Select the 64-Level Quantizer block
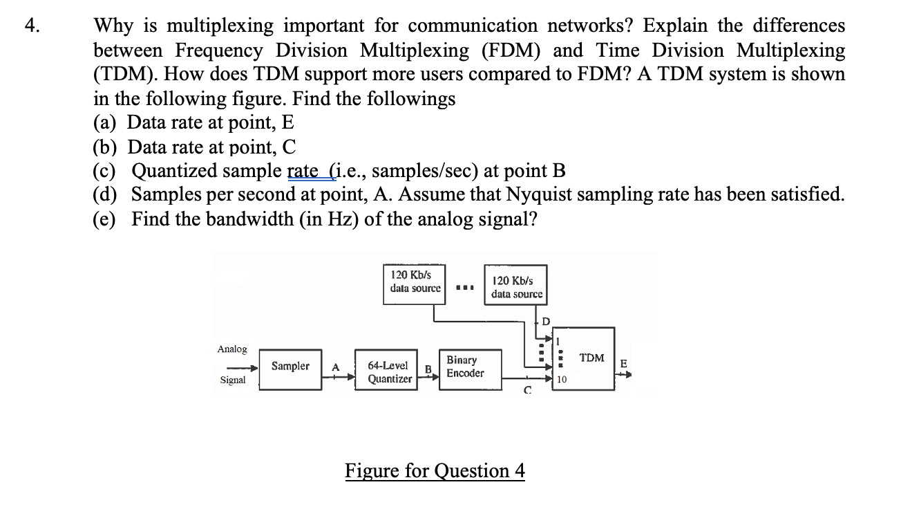388,371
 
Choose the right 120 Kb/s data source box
516,287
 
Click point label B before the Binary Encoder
427,369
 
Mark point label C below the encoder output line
527,391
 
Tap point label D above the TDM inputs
545,321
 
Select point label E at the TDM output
623,363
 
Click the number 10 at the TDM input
561,380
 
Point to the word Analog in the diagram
232,349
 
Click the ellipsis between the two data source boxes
464,287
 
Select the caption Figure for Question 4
435,471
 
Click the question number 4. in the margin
32,26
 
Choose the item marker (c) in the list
106,171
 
